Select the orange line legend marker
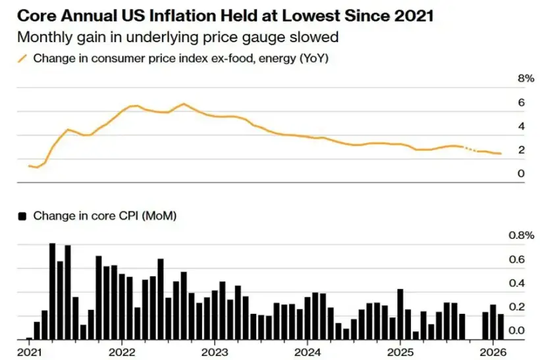click(x=22, y=59)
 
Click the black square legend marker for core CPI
click(x=24, y=215)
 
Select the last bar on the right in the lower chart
click(x=500, y=327)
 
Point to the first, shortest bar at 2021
click(x=29, y=338)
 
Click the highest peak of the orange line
click(x=183, y=104)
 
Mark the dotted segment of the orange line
click(x=470, y=150)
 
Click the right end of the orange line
click(x=500, y=154)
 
